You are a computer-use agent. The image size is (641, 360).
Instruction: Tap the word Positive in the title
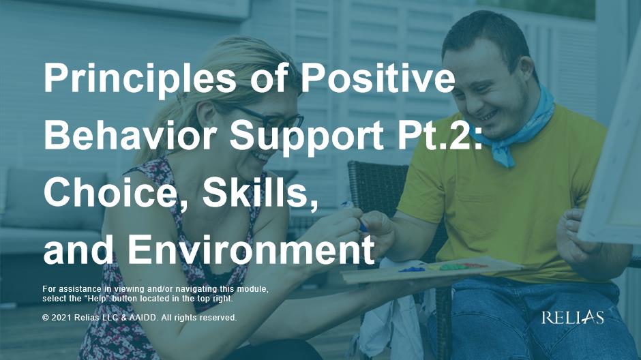tap(378, 77)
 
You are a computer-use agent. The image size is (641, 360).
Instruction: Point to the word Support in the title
tap(307, 137)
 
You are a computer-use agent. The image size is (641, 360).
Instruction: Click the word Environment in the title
tap(252, 250)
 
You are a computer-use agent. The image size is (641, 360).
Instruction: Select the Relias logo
tap(572, 318)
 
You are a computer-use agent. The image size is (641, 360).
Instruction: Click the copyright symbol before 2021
tap(46, 318)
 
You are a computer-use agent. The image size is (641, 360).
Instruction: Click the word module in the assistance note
tap(252, 289)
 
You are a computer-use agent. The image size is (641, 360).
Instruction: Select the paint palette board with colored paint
tap(431, 270)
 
